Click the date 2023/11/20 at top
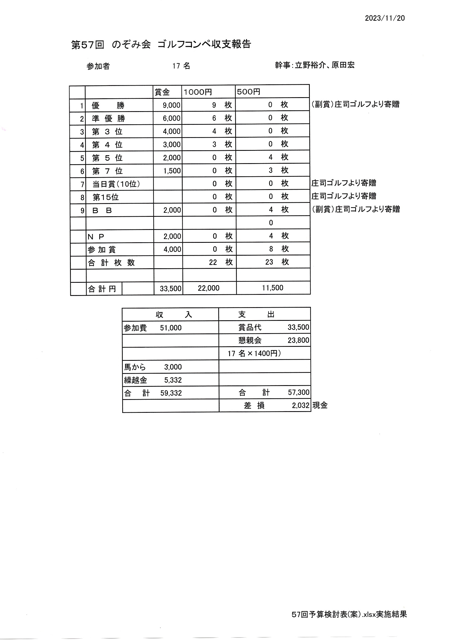coord(385,18)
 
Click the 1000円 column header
coord(198,92)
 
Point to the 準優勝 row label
coord(108,119)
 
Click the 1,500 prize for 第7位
coord(172,171)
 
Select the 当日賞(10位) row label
coord(116,184)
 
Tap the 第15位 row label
coord(106,198)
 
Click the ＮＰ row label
coord(96,237)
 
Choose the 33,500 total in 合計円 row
coord(170,289)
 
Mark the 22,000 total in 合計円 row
coord(209,288)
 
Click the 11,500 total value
coord(272,288)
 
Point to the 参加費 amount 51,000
coord(171,328)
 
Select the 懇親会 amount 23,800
coord(298,340)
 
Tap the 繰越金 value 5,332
coord(173,380)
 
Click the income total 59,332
coord(171,393)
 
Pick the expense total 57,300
coord(299,393)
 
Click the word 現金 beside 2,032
coord(320,406)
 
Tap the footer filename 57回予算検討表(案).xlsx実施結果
coord(349,614)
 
